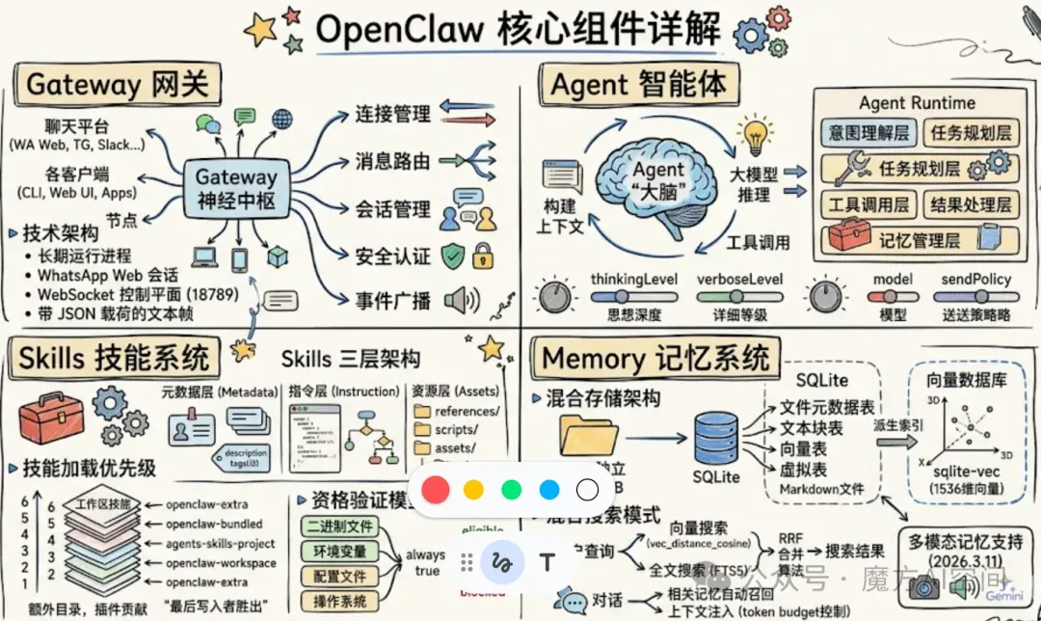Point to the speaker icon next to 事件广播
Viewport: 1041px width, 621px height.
461,300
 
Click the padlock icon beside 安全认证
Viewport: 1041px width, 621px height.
482,256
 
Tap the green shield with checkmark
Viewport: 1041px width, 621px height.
454,256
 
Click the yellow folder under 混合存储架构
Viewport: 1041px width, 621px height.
590,436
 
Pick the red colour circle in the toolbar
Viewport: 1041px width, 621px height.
436,489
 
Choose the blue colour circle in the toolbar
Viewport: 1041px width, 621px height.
549,489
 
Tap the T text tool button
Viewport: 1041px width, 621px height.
548,561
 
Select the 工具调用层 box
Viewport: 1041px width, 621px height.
868,203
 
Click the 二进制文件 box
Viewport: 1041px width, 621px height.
339,527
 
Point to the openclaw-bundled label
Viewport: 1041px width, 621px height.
213,525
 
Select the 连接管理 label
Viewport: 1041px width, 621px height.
392,114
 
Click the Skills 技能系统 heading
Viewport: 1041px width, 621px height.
114,359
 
